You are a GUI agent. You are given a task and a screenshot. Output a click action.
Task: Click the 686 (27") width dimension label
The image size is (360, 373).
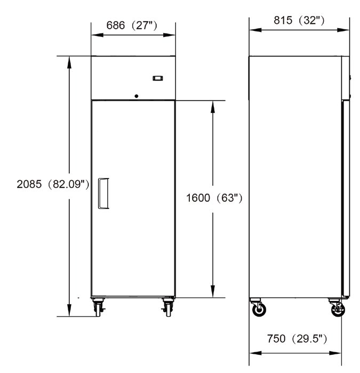pyautogui.click(x=132, y=26)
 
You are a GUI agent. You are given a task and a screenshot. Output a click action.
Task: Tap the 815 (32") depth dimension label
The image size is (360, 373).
pyautogui.click(x=299, y=20)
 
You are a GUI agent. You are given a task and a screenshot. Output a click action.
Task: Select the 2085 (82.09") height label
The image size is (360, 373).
pyautogui.click(x=53, y=184)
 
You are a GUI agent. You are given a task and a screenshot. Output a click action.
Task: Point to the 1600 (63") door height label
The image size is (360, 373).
pyautogui.click(x=214, y=198)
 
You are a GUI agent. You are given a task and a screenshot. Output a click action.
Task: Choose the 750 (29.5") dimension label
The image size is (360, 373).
pyautogui.click(x=297, y=338)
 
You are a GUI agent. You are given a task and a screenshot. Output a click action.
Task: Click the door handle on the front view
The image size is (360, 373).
pyautogui.click(x=103, y=193)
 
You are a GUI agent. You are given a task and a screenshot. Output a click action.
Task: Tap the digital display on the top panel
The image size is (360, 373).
pyautogui.click(x=158, y=78)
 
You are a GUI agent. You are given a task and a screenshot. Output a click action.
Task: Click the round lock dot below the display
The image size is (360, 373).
pyautogui.click(x=137, y=96)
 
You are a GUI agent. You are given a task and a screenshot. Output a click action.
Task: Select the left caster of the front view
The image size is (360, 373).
pyautogui.click(x=98, y=307)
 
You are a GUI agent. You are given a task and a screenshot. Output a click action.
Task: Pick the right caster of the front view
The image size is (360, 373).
pyautogui.click(x=167, y=307)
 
